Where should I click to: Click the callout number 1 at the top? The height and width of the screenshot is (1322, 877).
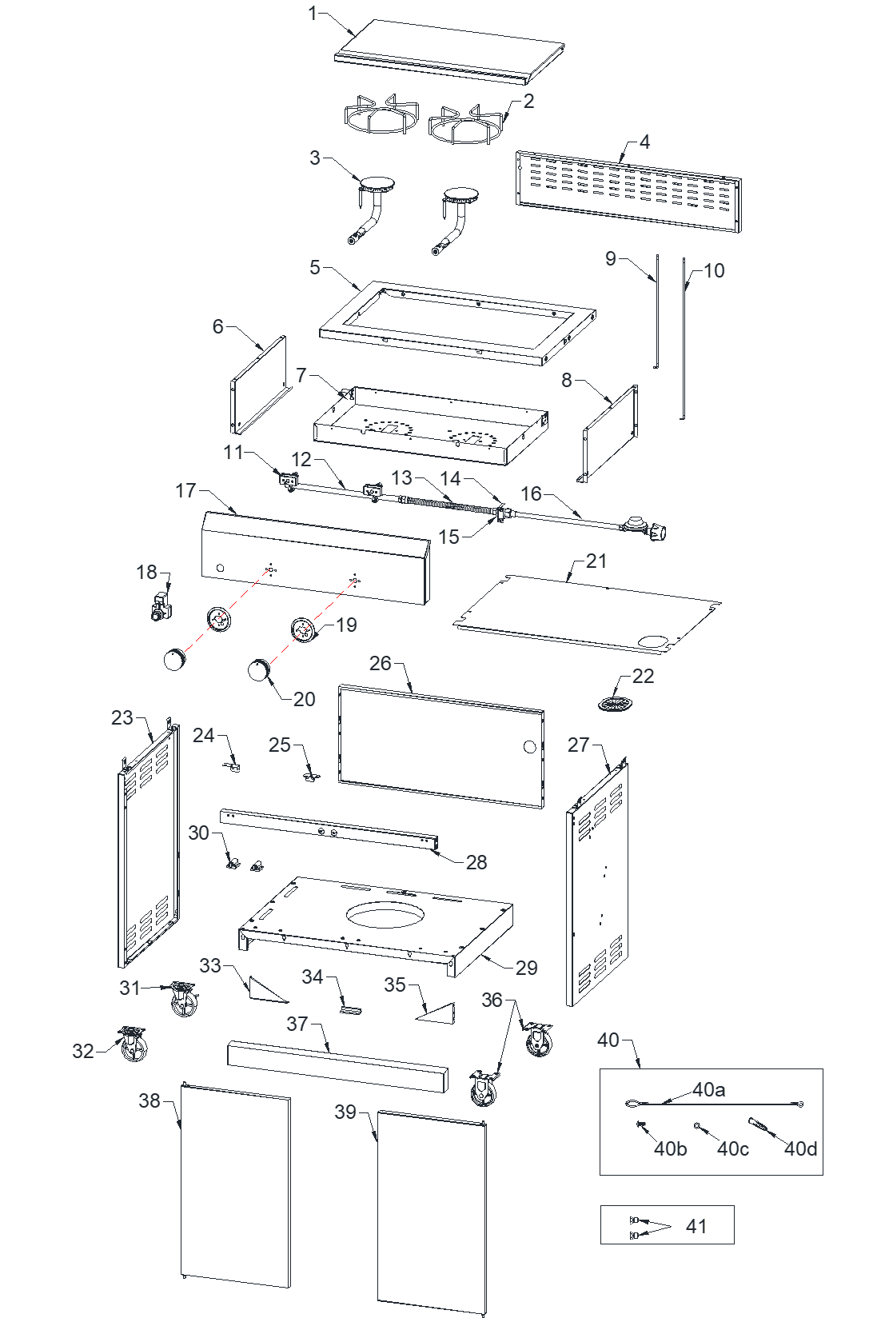click(x=313, y=13)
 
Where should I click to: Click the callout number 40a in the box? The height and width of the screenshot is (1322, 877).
click(x=709, y=1089)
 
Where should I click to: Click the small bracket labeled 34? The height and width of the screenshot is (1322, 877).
click(x=351, y=1010)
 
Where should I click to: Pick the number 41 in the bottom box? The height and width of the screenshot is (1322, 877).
click(x=696, y=1226)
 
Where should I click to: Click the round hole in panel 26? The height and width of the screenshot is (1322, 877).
click(x=528, y=746)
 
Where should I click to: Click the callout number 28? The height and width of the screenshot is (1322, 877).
click(x=476, y=862)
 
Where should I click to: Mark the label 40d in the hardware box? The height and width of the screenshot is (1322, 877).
click(x=800, y=1149)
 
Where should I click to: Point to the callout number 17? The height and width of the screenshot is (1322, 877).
click(x=185, y=489)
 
